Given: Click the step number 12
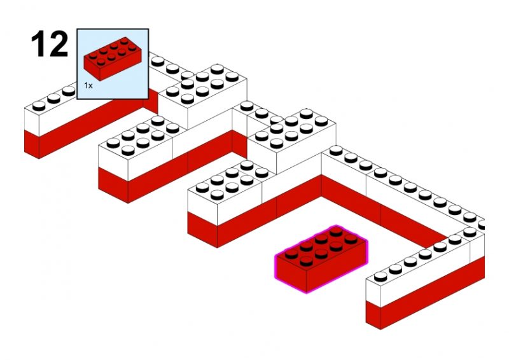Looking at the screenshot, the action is (x=50, y=43).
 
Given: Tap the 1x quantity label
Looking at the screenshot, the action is (x=88, y=86).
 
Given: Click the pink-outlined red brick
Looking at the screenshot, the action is (x=321, y=259).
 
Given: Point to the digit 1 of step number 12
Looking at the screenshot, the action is (x=38, y=43).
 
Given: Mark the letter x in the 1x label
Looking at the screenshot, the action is (x=90, y=87).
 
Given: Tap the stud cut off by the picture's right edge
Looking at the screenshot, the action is (x=482, y=225).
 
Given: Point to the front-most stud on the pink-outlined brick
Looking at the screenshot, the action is (x=306, y=261).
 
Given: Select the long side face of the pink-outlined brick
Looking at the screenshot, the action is (x=337, y=267).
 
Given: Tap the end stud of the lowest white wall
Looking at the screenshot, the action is (x=380, y=276).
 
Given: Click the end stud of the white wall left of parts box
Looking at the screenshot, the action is (x=39, y=106).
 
